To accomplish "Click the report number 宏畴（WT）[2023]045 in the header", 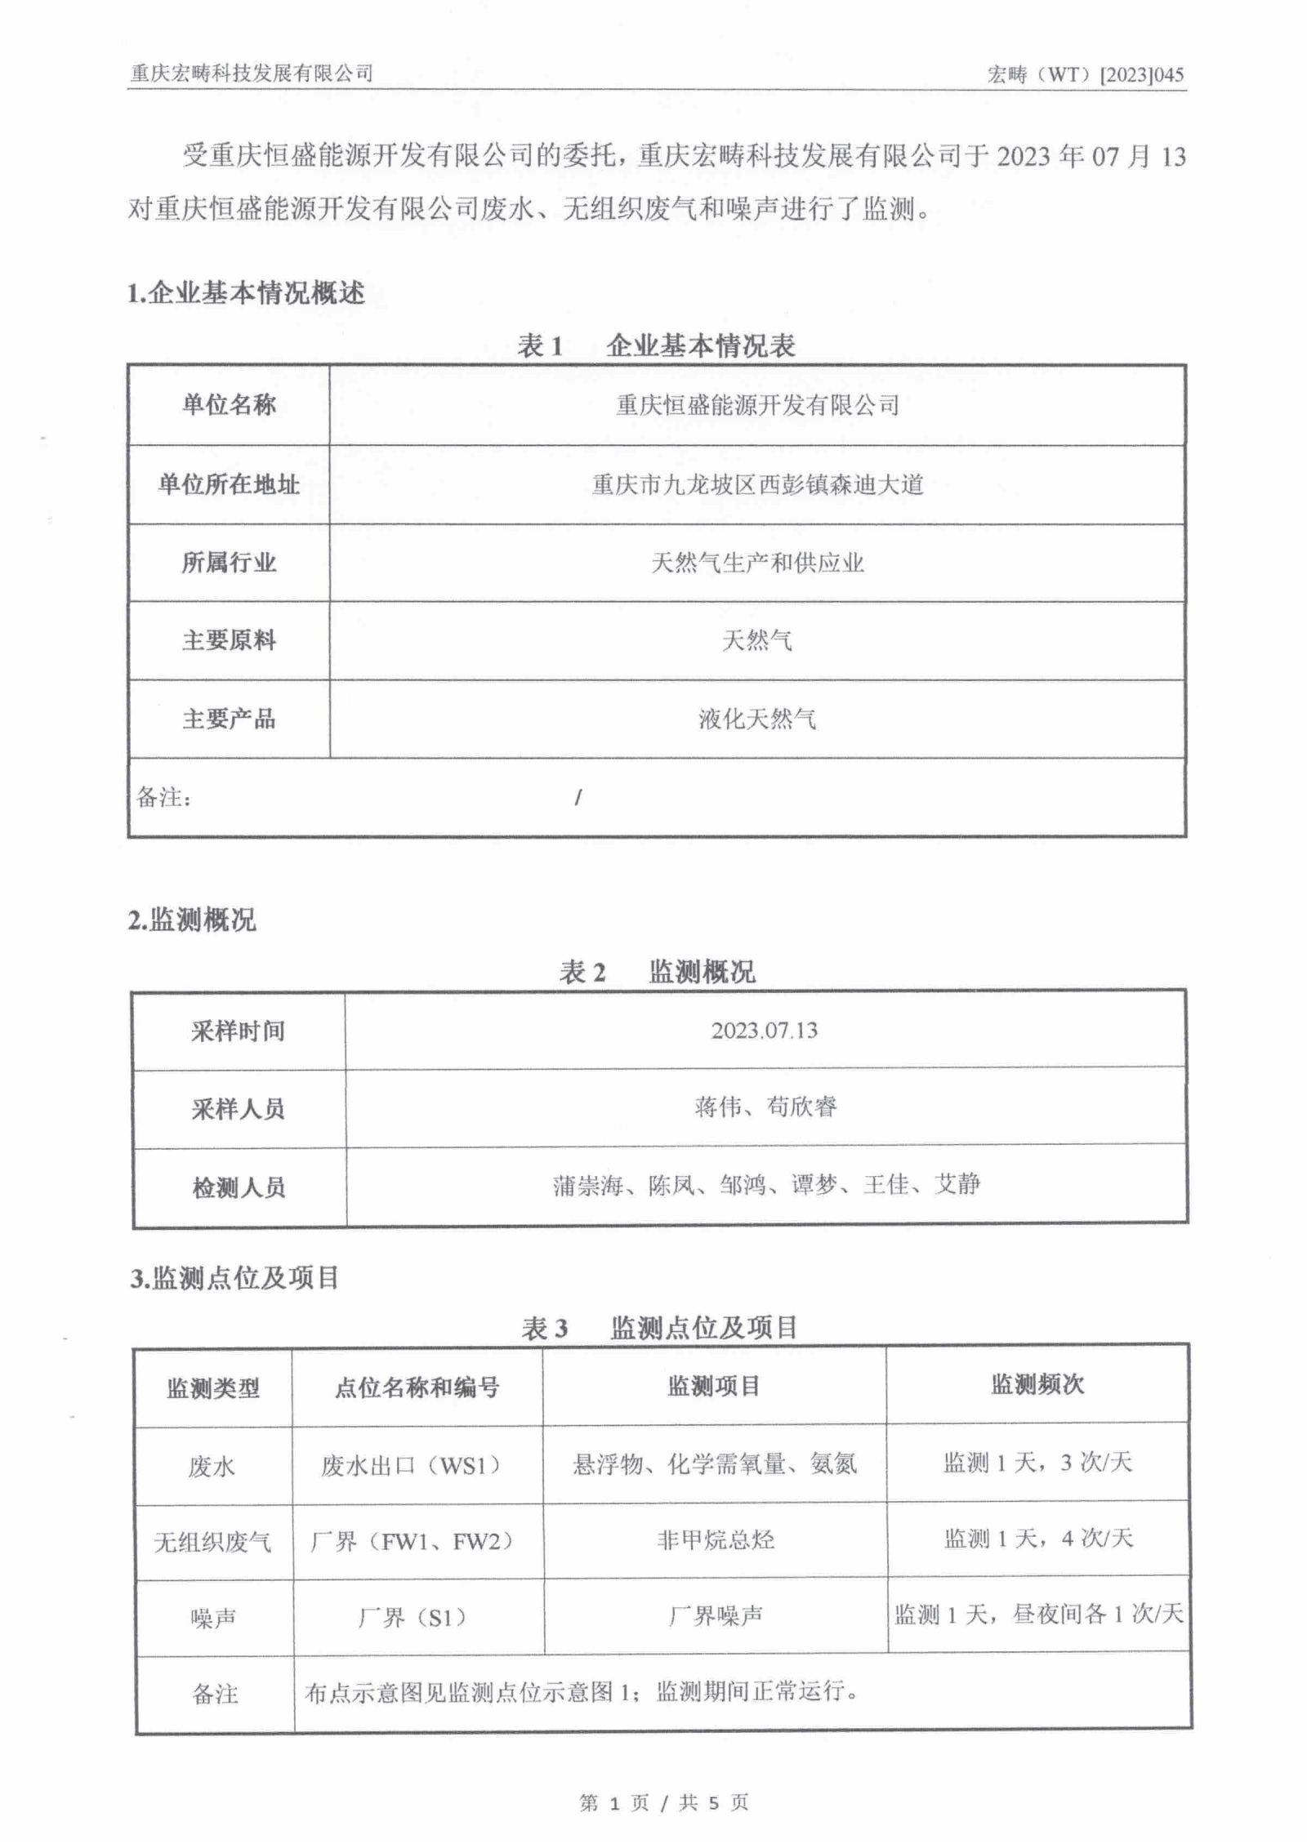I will pos(1085,75).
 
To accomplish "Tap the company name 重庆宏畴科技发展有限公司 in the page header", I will pos(252,73).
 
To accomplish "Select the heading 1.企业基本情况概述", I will pos(246,293).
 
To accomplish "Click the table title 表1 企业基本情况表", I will pos(656,346).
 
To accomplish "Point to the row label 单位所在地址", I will pos(229,485).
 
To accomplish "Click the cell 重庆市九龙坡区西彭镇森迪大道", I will pos(757,485).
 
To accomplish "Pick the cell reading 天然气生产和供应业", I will pos(757,563).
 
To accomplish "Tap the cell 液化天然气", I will pos(757,719).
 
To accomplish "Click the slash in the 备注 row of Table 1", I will pos(578,797).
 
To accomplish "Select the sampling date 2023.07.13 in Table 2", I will pos(764,1031).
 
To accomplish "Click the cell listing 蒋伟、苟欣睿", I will pos(765,1107).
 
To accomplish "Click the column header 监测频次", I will pos(1037,1385).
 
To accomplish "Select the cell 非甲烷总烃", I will pos(716,1540).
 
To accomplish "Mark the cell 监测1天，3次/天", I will pos(1037,1463).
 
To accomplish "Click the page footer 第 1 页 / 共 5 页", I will pos(663,1802).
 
